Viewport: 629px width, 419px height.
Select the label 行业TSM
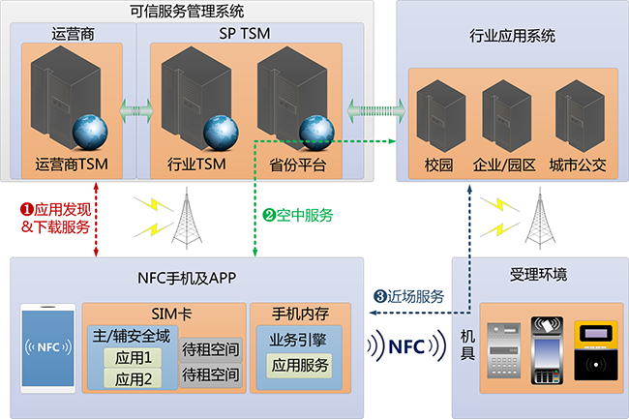pyautogui.click(x=196, y=164)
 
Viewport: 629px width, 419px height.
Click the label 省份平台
pyautogui.click(x=297, y=164)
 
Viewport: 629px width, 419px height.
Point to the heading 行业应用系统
pyautogui.click(x=511, y=38)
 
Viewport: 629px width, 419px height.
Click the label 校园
pyautogui.click(x=438, y=164)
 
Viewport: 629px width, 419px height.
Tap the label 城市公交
pyautogui.click(x=577, y=164)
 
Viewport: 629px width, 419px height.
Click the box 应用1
pyautogui.click(x=134, y=358)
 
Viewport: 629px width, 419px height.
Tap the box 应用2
pyautogui.click(x=134, y=378)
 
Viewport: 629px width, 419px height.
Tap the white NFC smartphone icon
pyautogui.click(x=47, y=347)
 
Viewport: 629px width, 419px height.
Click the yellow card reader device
pyautogui.click(x=593, y=351)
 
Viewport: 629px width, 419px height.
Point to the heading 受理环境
pyautogui.click(x=538, y=275)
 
